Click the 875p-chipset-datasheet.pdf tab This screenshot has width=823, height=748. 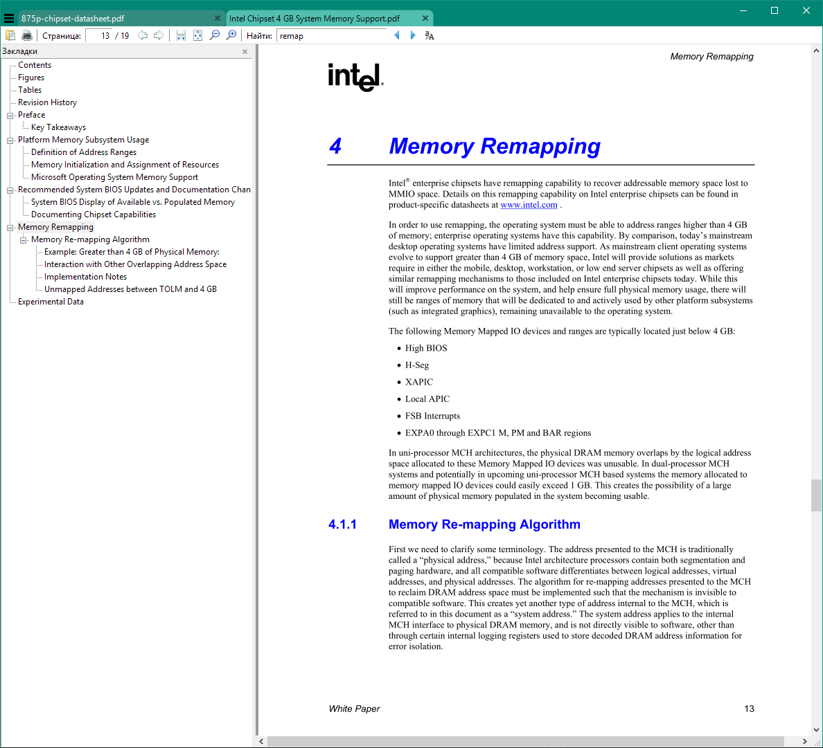73,19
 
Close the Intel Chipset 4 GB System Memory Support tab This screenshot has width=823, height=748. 425,19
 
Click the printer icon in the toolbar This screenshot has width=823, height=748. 27,35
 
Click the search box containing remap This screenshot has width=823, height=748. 331,36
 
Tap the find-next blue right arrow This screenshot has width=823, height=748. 413,35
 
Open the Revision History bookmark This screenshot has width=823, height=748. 47,102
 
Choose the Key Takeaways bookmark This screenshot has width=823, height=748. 58,127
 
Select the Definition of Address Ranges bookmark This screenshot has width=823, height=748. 84,152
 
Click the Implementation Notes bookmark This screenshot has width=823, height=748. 85,277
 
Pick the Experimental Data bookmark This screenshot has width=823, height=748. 51,302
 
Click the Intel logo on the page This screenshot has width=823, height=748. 355,77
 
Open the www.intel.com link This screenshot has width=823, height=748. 529,205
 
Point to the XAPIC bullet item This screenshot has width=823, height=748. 419,382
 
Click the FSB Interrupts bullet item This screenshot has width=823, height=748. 432,416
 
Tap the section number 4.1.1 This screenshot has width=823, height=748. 342,524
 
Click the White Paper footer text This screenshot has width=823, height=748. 354,709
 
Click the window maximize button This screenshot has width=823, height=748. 775,10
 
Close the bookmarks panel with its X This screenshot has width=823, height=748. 245,52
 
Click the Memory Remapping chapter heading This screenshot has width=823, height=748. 495,146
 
